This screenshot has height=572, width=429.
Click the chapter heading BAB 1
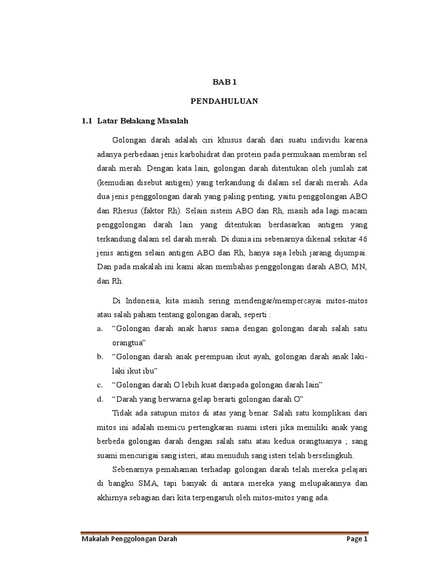(x=225, y=82)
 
